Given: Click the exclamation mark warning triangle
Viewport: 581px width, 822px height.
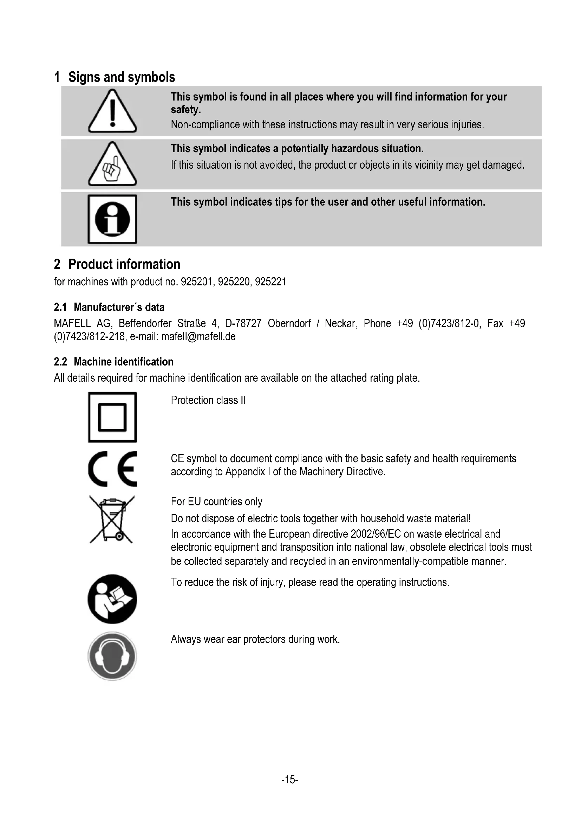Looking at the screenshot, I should tap(112, 112).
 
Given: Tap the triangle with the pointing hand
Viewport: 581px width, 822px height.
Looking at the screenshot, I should tap(112, 165).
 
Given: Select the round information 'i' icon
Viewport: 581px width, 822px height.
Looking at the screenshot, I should tap(112, 219).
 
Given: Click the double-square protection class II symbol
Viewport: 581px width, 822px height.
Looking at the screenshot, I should tap(112, 417).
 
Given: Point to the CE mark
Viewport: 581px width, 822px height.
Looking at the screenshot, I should tap(112, 469).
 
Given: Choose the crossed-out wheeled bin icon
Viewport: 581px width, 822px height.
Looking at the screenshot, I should tap(112, 519).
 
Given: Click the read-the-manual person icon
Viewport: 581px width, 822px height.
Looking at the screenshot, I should tap(112, 599).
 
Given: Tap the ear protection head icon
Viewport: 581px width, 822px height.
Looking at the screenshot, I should tap(112, 656).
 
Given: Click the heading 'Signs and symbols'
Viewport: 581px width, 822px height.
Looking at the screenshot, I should tap(122, 77).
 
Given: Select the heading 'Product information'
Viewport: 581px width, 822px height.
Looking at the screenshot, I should tap(124, 264).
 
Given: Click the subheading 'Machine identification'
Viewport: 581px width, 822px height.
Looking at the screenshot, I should tap(123, 362).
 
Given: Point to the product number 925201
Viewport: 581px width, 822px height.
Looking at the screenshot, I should tap(198, 282).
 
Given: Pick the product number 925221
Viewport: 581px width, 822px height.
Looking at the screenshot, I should tap(271, 282).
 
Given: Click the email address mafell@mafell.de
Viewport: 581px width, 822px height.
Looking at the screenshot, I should tap(198, 337).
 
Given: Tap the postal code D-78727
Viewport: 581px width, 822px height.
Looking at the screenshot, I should tap(243, 323).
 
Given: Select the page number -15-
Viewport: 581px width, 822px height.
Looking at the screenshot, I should tap(290, 779).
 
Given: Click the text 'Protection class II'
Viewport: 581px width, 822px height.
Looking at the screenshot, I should tap(208, 400).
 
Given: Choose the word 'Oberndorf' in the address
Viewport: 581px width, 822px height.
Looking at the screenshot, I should tap(289, 323).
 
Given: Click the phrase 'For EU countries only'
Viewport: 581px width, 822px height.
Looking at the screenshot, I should tap(216, 501).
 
